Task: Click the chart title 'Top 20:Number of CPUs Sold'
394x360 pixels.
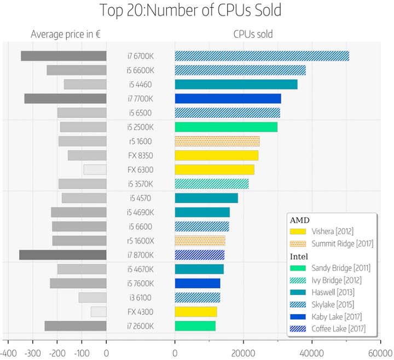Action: pyautogui.click(x=199, y=10)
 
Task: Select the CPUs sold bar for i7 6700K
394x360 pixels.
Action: pyautogui.click(x=262, y=56)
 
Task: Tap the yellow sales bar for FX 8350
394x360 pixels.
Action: pyautogui.click(x=216, y=155)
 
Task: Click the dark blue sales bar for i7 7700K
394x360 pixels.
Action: pyautogui.click(x=228, y=98)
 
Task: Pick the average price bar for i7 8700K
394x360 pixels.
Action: pyautogui.click(x=62, y=255)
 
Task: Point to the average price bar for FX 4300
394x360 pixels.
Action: pyautogui.click(x=99, y=312)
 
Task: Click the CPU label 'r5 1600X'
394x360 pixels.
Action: pyautogui.click(x=141, y=241)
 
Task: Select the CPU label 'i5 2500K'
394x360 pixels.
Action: pyautogui.click(x=141, y=127)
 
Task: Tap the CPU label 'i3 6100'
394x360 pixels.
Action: pyautogui.click(x=141, y=298)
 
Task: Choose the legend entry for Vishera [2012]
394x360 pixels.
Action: pyautogui.click(x=331, y=231)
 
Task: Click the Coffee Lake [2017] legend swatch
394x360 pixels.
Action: pyautogui.click(x=298, y=329)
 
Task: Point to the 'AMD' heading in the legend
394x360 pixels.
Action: pyautogui.click(x=298, y=220)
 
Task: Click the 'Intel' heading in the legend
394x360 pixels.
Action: pyautogui.click(x=299, y=256)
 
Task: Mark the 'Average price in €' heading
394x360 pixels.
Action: pyautogui.click(x=65, y=34)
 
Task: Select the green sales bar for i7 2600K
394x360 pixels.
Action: pyautogui.click(x=195, y=326)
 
